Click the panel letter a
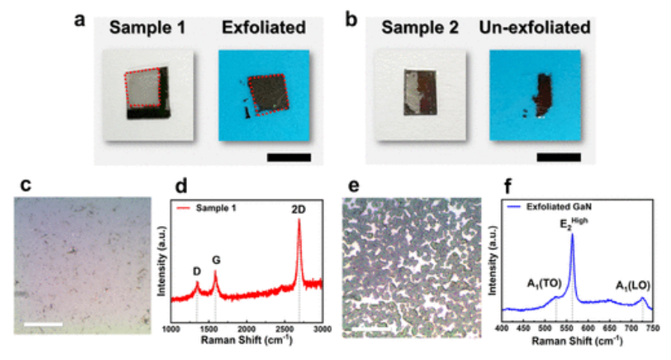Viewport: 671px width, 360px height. [x=80, y=22]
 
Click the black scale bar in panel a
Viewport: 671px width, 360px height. [x=288, y=157]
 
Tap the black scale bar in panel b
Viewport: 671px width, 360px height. [x=558, y=157]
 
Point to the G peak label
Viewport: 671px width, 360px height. [x=215, y=259]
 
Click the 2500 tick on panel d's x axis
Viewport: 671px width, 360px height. [x=284, y=329]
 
